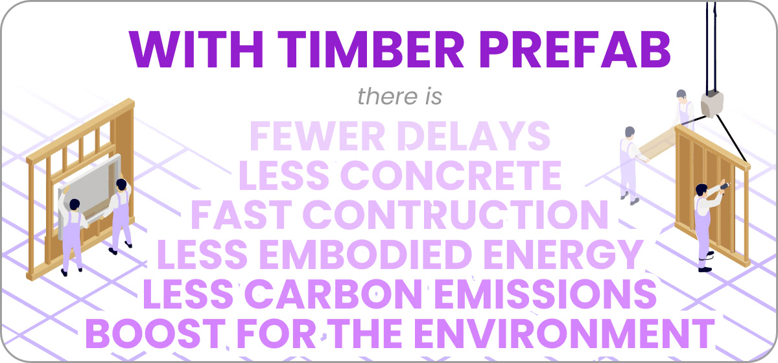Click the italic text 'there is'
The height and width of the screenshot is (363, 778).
click(x=400, y=96)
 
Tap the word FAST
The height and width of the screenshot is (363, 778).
click(x=241, y=215)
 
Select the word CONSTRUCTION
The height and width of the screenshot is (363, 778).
click(x=456, y=215)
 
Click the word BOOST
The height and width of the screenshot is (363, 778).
click(x=154, y=334)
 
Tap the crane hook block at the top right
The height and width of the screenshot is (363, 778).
click(x=712, y=104)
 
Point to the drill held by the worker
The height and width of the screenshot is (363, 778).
click(x=725, y=186)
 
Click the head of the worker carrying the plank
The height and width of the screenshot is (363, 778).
click(x=630, y=132)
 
